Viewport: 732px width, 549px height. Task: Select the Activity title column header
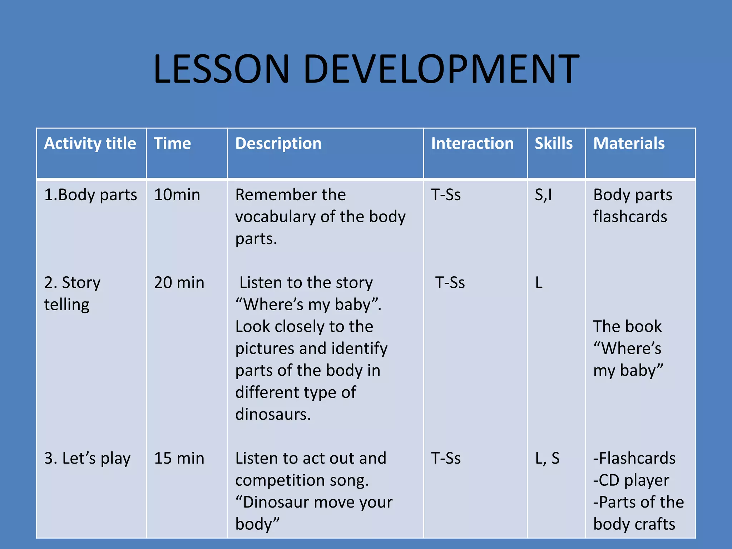(90, 144)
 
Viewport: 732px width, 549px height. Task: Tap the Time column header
(172, 144)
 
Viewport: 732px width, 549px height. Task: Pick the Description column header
(278, 144)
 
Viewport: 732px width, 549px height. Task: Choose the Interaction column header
(472, 144)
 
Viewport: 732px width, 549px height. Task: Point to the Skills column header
(554, 144)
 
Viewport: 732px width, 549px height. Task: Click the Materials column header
(629, 144)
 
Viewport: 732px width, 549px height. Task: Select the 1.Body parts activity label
(90, 195)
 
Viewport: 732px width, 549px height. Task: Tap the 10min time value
(177, 195)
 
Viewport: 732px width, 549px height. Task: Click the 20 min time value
(179, 283)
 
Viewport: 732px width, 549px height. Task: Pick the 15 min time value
(179, 459)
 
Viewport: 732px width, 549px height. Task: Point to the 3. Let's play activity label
(87, 459)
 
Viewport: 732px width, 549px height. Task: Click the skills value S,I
(543, 195)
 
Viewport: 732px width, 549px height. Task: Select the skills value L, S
(547, 459)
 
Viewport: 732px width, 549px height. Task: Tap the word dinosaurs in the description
(273, 415)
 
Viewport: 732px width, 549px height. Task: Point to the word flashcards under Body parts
(630, 217)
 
